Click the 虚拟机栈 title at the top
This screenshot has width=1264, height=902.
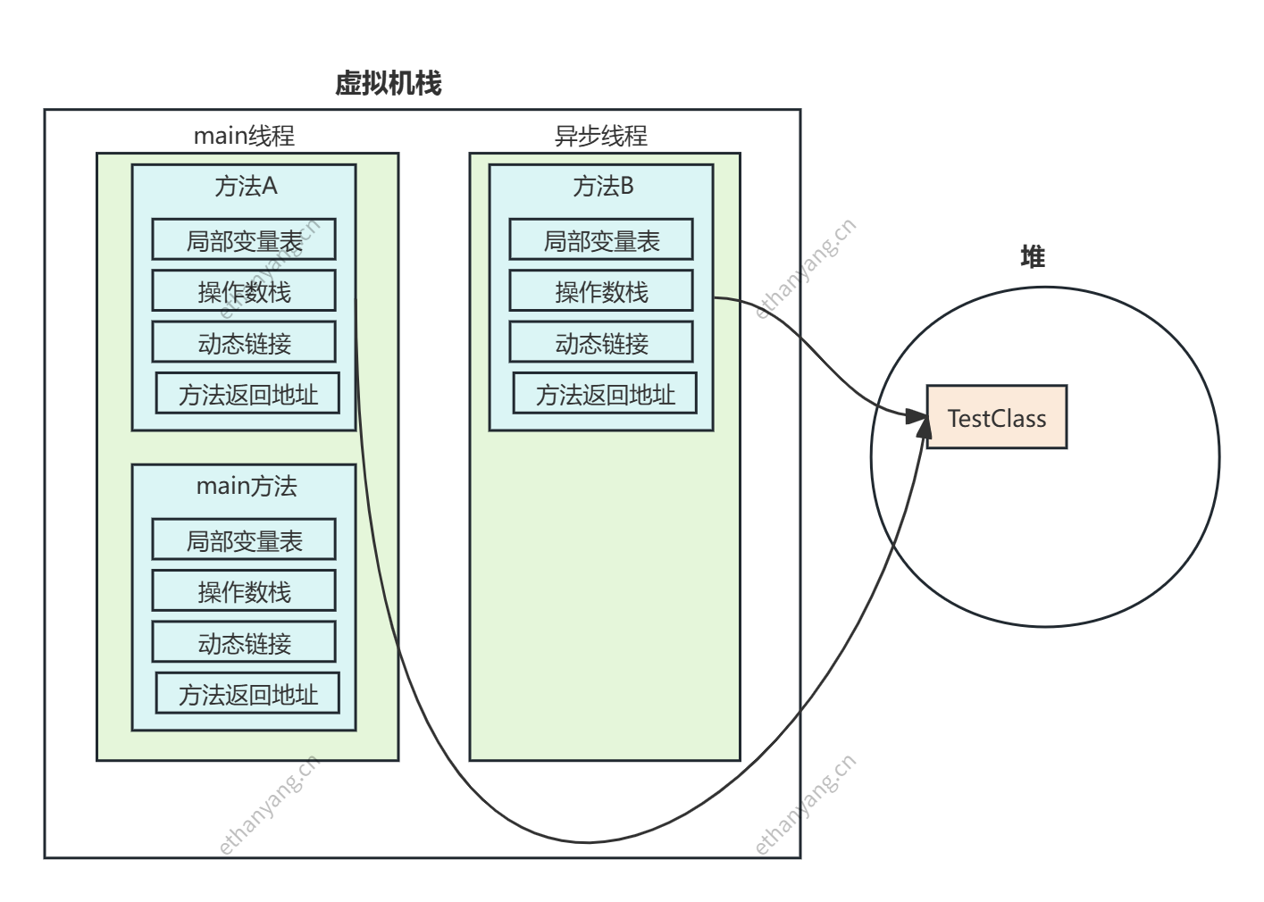(389, 84)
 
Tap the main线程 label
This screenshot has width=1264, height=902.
(244, 136)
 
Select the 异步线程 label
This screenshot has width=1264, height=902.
(601, 136)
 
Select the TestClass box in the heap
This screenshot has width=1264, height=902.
(996, 417)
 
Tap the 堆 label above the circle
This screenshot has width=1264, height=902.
(1033, 257)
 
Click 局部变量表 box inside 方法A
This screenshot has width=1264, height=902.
(244, 240)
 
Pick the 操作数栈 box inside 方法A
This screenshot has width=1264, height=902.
(244, 291)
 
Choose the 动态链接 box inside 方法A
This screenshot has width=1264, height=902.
(244, 343)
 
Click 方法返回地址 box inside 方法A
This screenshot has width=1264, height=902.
(247, 394)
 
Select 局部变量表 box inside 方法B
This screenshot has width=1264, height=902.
(601, 240)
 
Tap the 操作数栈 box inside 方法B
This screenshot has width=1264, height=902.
(601, 291)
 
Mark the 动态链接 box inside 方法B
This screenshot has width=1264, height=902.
(601, 343)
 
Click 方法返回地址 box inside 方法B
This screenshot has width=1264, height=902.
(605, 394)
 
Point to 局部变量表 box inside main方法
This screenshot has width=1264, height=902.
(244, 540)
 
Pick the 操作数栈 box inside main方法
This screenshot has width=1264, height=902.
(244, 591)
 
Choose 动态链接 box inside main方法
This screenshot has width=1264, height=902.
(244, 643)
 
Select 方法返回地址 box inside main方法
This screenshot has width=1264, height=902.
(247, 694)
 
